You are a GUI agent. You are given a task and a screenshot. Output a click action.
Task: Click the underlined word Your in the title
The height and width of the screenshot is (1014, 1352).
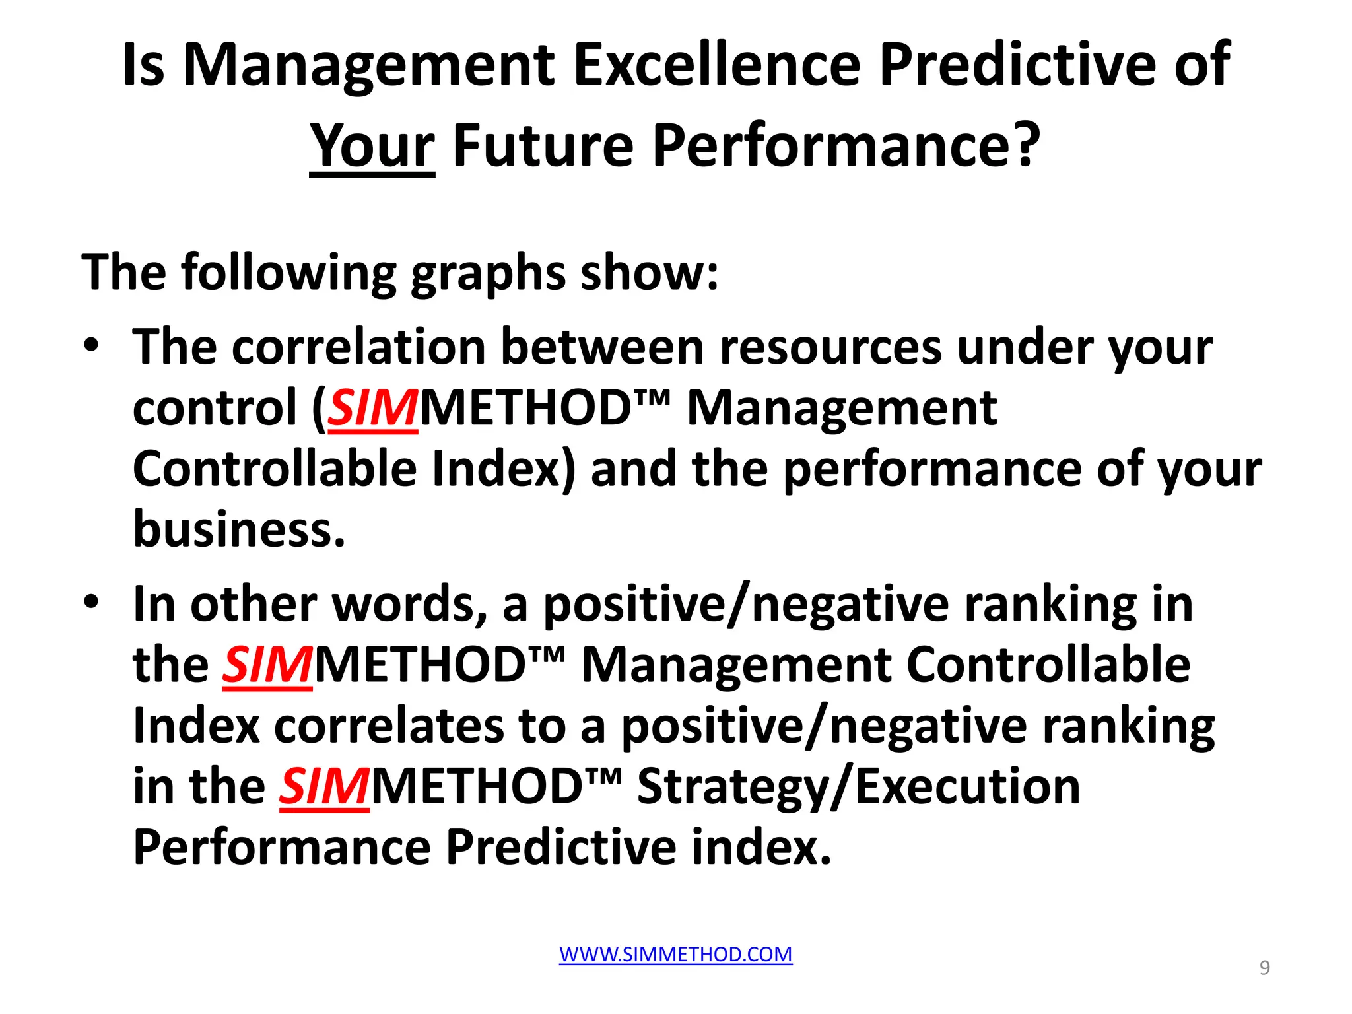[372, 147]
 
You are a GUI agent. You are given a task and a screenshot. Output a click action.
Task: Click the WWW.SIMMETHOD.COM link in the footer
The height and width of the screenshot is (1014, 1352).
[675, 954]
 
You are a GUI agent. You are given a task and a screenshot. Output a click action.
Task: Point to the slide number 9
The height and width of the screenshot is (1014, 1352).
[1264, 967]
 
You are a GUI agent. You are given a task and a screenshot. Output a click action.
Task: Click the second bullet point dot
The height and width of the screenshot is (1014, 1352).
[92, 601]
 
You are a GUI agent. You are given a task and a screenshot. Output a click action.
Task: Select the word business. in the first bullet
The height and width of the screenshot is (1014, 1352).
[239, 529]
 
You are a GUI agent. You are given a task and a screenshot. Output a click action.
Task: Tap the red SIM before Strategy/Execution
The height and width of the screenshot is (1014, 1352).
[323, 787]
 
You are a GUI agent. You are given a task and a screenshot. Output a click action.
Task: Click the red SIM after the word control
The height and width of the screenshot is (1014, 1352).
[373, 408]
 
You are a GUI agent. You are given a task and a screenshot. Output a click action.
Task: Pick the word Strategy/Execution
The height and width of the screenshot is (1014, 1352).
[858, 787]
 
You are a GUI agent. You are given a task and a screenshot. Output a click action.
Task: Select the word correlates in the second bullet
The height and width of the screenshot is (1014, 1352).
[388, 726]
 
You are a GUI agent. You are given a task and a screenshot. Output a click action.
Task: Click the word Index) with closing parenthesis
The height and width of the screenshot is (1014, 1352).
[503, 469]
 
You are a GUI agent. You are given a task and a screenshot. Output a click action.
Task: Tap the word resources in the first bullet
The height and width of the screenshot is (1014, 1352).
[830, 347]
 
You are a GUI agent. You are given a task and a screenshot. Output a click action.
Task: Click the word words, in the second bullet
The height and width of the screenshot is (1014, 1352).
[409, 604]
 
